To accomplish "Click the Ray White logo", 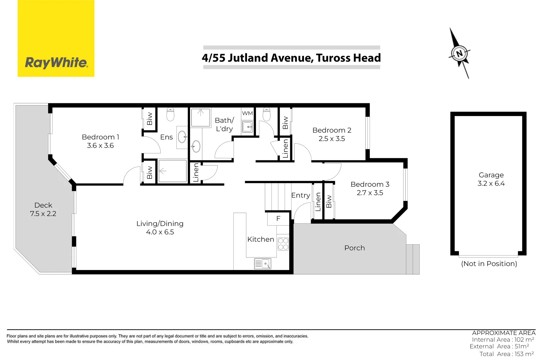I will [56, 38].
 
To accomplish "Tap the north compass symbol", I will [459, 53].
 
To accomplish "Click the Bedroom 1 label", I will [100, 137].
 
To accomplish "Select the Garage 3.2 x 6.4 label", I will [491, 179].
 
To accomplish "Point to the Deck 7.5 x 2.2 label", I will [43, 209].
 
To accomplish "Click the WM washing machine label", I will [247, 113].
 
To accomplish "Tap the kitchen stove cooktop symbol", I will [283, 244].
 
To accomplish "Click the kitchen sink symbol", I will [263, 264].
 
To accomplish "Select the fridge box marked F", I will [278, 219].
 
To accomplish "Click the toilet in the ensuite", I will [170, 114].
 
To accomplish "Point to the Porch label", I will [354, 248].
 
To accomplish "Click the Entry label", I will [300, 195].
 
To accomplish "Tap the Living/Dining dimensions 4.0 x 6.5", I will [160, 232].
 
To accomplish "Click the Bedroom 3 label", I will [370, 184].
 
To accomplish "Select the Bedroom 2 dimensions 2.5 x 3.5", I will [332, 139].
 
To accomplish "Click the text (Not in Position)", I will [489, 264].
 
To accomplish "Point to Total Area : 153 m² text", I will [506, 354].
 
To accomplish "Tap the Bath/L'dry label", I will [224, 124].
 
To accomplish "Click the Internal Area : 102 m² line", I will [503, 340].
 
